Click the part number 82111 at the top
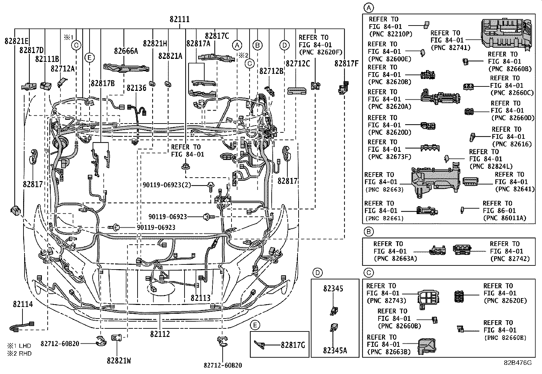click(x=180, y=20)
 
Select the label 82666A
click(x=126, y=51)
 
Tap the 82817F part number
click(x=346, y=63)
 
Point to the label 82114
click(x=23, y=304)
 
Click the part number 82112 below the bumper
click(x=160, y=334)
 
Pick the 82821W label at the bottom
click(x=118, y=361)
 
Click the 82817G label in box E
click(x=292, y=345)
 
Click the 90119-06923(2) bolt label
click(x=167, y=185)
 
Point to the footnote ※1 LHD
click(x=20, y=345)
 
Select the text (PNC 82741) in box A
click(x=450, y=48)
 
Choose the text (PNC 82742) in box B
click(x=510, y=259)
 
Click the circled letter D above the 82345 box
click(x=317, y=273)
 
